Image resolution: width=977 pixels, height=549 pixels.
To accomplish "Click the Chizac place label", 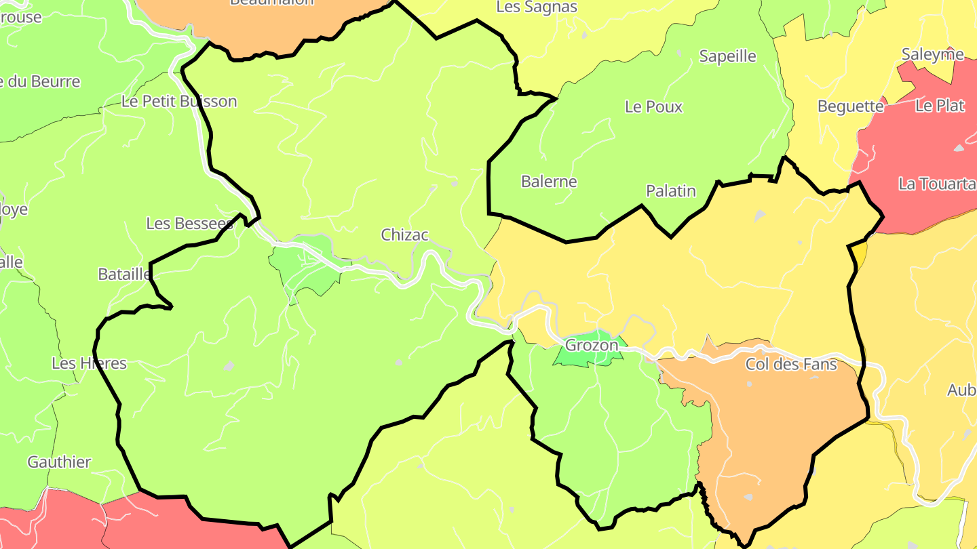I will coord(405,235).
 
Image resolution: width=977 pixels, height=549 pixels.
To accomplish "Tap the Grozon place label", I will coord(592,345).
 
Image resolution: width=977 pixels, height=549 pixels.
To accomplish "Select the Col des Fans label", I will coord(791,364).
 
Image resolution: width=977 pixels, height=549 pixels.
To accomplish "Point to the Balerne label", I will coord(549,181).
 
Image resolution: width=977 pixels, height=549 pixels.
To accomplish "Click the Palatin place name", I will coord(670,191).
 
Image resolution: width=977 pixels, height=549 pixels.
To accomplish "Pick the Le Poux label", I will coord(653,106).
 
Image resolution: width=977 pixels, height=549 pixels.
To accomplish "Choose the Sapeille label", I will coord(727,56).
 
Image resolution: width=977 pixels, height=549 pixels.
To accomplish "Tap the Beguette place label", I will coord(851,106).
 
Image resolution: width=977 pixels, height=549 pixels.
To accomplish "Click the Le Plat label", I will coord(940,106).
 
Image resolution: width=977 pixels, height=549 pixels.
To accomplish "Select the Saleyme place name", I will coord(932,55).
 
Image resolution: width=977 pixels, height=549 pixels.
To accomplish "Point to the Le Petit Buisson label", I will coord(179,102).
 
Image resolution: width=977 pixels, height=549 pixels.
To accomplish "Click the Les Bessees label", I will coord(190,223).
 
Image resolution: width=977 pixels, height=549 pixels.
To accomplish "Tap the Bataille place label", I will coord(125,274).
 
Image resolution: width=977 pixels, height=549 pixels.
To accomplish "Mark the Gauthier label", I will coord(59,462).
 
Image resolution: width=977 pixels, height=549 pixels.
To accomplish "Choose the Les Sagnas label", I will coord(537,7).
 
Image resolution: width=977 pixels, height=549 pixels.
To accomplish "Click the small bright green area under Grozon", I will coord(588,357).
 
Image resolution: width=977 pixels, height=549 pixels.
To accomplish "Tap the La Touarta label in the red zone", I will coord(936,184).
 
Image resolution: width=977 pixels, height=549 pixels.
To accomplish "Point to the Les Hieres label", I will coord(89,363).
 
